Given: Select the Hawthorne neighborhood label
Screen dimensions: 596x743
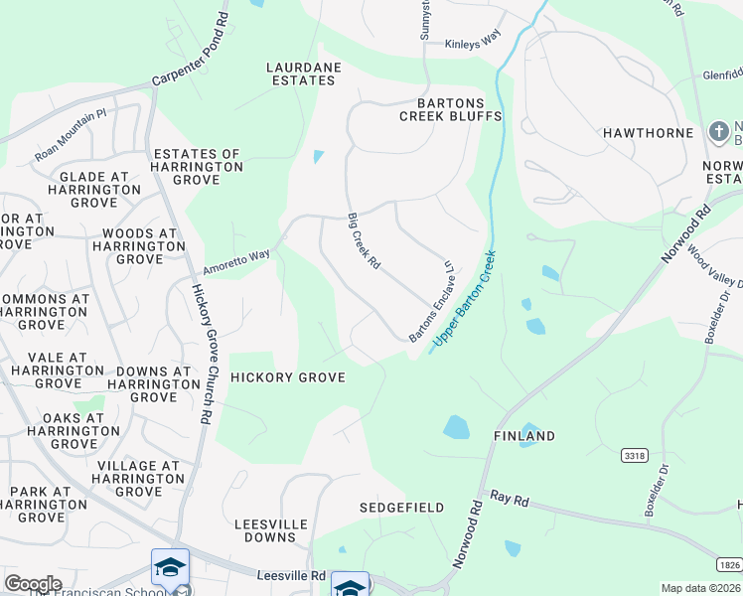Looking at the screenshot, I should (647, 133).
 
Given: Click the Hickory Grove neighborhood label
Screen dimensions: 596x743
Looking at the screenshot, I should (287, 377).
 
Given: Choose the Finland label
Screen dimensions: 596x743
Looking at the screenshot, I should (524, 436).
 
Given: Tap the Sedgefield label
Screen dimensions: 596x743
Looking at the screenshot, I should (401, 508).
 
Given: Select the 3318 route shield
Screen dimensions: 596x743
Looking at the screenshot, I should (636, 455).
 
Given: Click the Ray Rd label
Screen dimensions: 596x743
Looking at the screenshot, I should (509, 499).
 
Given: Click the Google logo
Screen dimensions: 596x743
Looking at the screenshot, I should (33, 584).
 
